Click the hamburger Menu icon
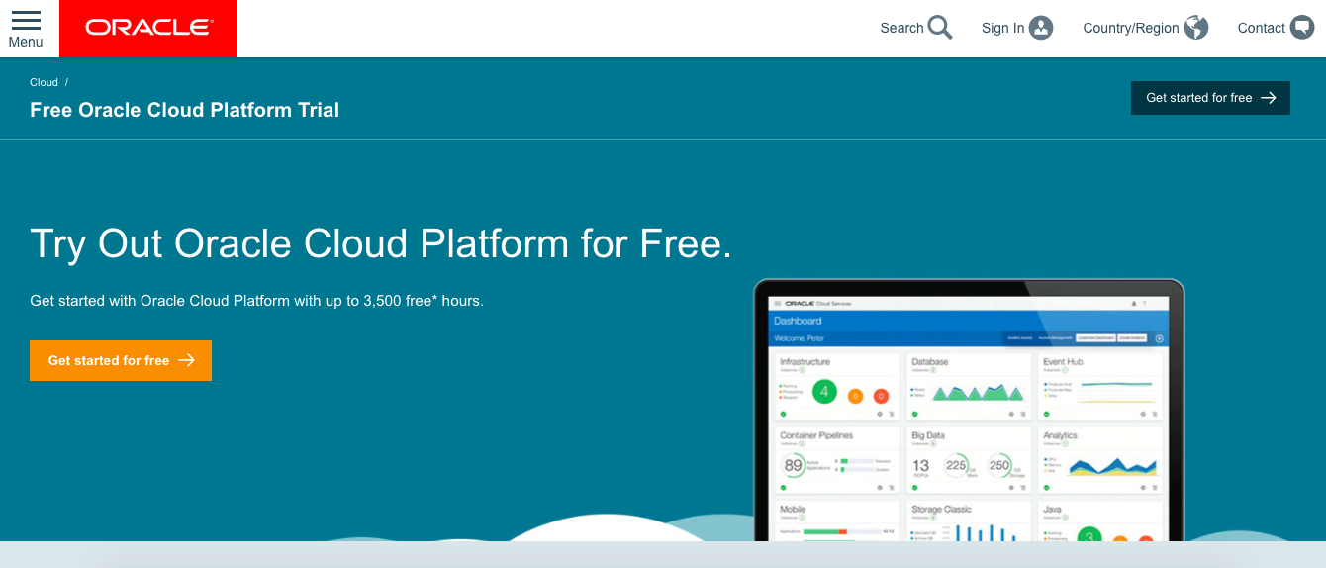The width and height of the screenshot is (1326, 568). point(26,21)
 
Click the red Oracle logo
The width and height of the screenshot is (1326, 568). point(148,28)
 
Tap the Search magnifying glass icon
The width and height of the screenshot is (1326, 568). point(940,28)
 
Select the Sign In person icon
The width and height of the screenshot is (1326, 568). point(1041,28)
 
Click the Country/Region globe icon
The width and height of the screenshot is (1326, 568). point(1196,28)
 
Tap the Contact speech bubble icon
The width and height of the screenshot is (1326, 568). point(1302,28)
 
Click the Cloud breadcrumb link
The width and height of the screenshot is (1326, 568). point(44,83)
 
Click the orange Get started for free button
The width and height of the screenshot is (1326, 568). point(121,360)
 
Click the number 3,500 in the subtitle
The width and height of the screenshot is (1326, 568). point(382,301)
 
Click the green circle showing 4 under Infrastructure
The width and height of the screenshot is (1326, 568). point(824,393)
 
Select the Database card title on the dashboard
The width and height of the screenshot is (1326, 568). point(929,362)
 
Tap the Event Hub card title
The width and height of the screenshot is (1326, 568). point(1063,362)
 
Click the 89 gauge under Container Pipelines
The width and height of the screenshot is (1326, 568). point(794,465)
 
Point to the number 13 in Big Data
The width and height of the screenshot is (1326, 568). point(921,465)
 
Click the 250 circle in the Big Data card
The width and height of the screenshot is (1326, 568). point(999,465)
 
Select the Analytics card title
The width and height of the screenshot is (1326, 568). point(1060,435)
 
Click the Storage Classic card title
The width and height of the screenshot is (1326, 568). point(941,509)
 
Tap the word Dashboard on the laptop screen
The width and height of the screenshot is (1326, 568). point(798,321)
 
